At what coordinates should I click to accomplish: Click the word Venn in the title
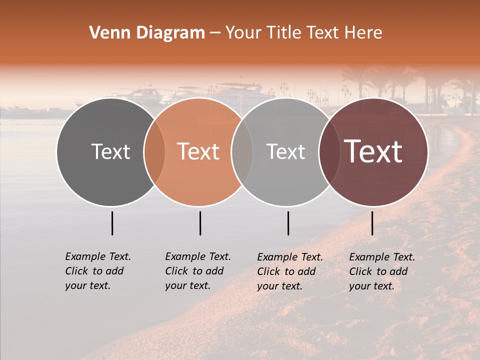pos(107,33)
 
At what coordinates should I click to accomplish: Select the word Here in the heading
pos(363,33)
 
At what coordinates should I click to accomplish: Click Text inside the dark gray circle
pos(110,151)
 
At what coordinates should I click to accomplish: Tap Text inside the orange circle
pos(198,151)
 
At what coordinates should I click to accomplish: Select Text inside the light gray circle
pos(286,151)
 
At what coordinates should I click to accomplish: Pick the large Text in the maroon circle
pos(373,151)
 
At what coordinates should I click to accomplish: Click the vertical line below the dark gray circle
pos(112,223)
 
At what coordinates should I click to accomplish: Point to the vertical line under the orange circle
pos(200,223)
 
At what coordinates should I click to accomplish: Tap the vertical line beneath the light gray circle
pos(288,223)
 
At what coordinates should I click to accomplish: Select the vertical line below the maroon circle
pos(372,223)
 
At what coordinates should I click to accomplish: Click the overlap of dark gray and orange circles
pos(154,151)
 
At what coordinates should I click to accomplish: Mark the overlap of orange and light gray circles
pos(242,151)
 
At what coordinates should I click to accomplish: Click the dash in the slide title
pos(214,33)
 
